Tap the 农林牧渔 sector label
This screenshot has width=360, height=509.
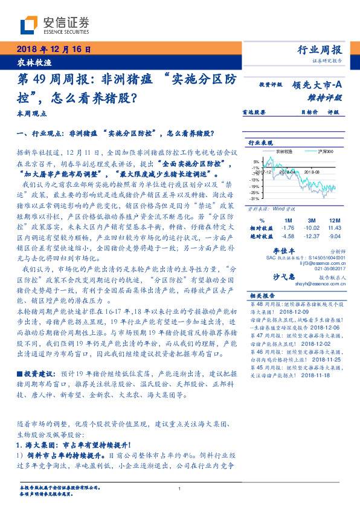point(28,63)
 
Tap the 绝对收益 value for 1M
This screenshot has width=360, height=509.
point(288,236)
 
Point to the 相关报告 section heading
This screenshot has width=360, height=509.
point(262,296)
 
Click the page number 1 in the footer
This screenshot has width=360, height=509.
point(179,489)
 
